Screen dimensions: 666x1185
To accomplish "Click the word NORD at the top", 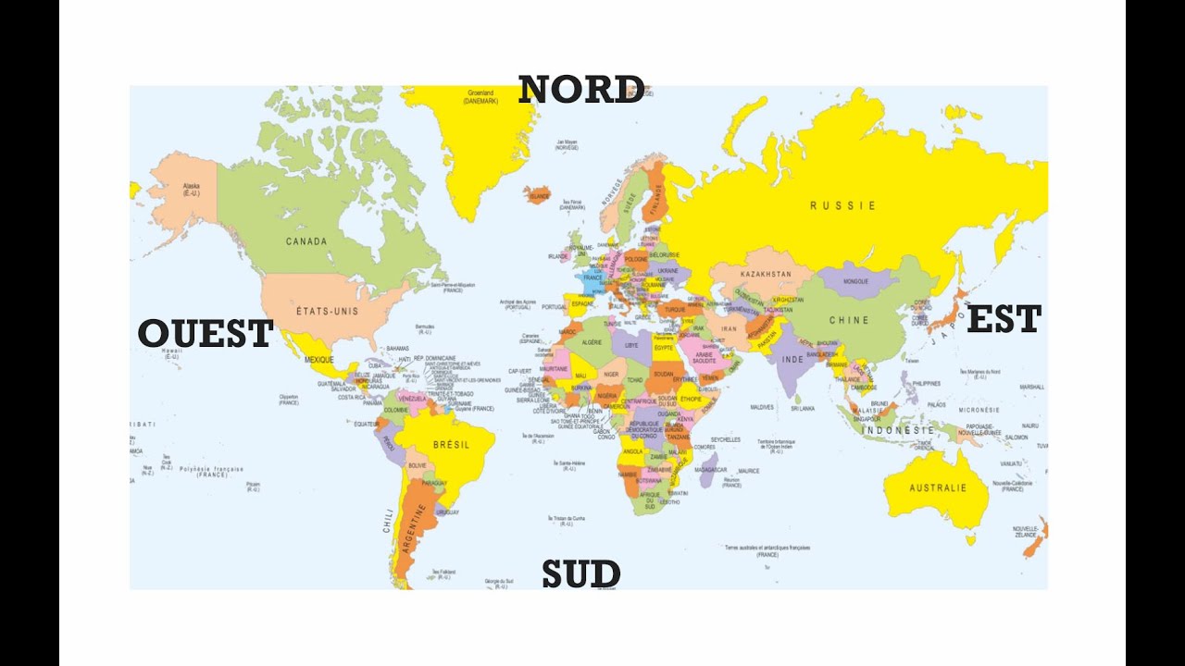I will pos(580,90).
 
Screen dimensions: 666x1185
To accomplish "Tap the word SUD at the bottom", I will pos(580,573).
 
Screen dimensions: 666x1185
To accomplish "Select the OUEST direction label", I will pos(206,334).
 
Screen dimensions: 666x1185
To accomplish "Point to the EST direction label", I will pos(1004,320).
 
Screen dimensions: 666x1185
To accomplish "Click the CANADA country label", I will pos(306,241).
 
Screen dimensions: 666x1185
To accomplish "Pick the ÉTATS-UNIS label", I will pos(327,311).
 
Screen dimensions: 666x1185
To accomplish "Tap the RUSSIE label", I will pos(842,205).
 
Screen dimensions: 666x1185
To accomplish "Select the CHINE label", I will pos(849,320).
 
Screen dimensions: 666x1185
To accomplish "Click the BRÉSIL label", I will pos(451,444).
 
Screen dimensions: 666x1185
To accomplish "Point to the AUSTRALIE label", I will pos(937,487).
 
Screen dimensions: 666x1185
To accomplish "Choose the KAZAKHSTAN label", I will pos(766,274).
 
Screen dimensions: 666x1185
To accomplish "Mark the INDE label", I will pos(792,359).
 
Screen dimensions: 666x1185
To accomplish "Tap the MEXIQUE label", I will pos(318,359).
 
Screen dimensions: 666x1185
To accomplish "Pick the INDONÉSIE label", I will pos(897,430).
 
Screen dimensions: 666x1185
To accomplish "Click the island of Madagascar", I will pos(708,470).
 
